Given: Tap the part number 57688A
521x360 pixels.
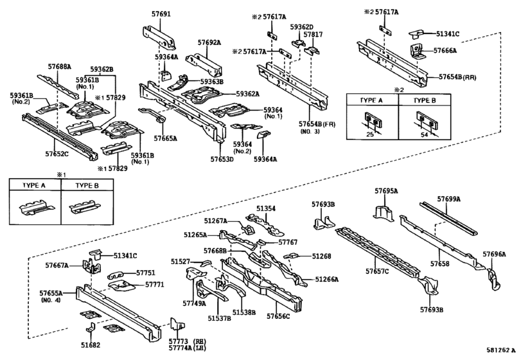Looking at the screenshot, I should click(59, 66).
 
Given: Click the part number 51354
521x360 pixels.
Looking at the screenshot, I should click(267, 208).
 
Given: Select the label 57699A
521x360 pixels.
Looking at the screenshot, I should click(450, 199).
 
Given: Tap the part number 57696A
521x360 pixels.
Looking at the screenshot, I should click(495, 255).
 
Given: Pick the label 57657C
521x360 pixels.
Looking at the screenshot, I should click(378, 272).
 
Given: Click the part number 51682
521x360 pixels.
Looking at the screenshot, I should click(91, 345).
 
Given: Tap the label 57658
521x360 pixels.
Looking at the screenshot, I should click(440, 264).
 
